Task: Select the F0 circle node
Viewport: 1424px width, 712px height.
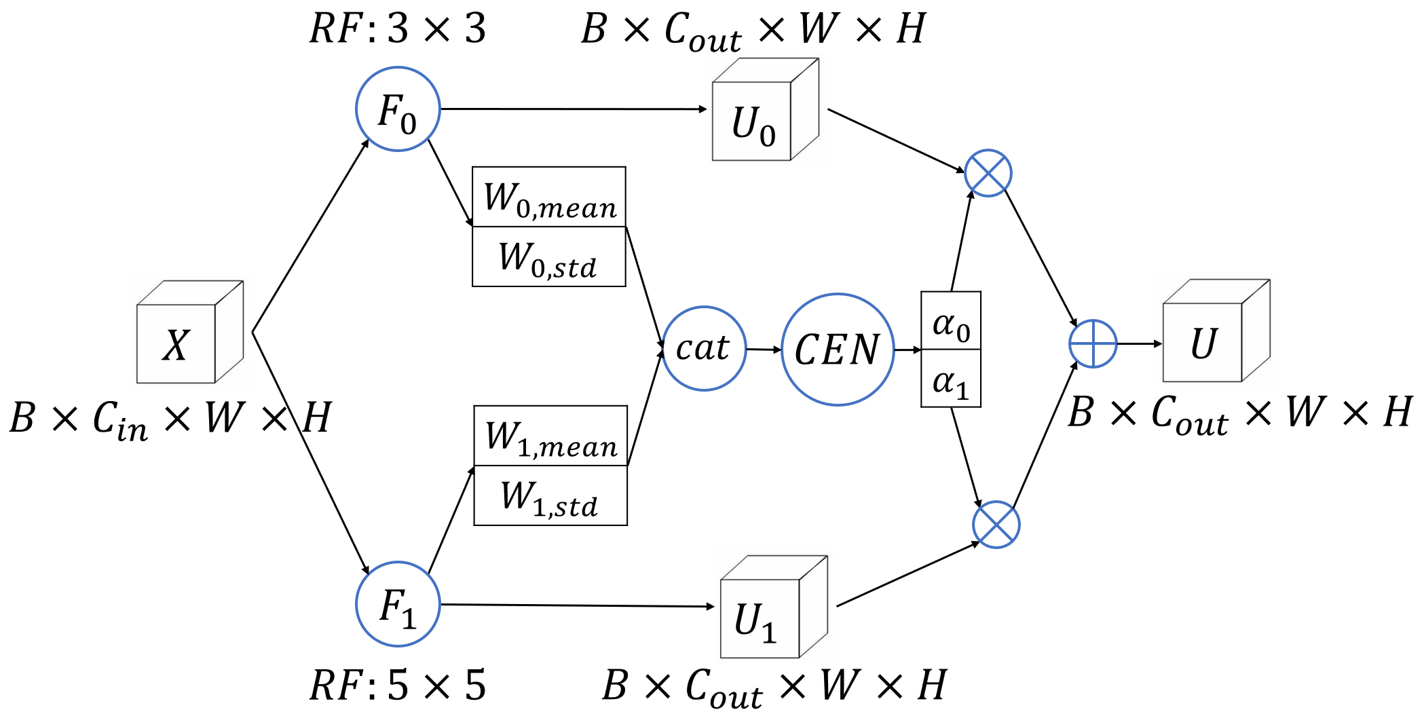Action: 398,109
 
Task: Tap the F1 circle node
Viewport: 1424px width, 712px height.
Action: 398,604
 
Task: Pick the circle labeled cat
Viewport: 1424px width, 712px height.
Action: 704,348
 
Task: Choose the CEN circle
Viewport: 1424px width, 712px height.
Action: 837,350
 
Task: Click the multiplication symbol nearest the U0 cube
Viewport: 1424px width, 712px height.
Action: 988,173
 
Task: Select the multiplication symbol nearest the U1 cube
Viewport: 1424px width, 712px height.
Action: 996,525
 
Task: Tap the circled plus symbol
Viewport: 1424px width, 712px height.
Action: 1093,344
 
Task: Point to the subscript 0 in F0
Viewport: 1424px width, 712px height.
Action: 408,124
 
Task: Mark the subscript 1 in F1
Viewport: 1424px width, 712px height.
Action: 407,619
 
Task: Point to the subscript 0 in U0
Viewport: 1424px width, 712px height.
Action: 768,136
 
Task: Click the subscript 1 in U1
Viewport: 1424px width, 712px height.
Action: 769,633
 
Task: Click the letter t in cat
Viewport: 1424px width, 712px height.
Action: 722,348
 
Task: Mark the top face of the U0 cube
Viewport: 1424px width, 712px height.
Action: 766,71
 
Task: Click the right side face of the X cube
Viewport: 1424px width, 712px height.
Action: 229,333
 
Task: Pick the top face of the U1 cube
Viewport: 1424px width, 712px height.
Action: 774,568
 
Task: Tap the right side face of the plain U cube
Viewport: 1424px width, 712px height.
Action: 1256,331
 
